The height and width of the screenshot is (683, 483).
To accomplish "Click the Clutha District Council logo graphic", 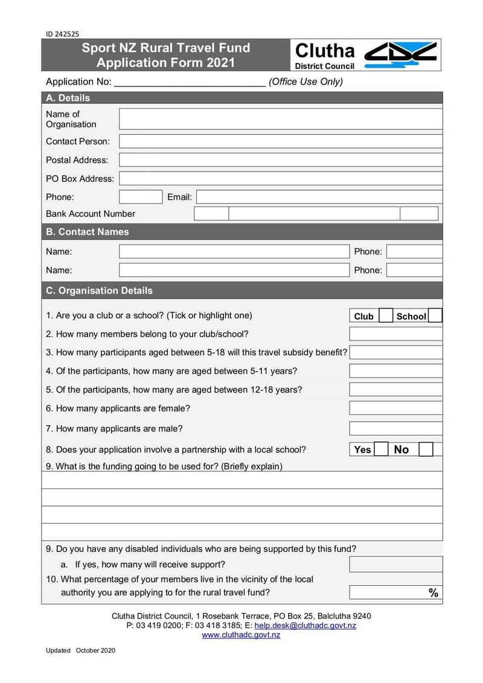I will [x=401, y=54].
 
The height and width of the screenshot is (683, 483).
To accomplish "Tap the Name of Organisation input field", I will [x=280, y=119].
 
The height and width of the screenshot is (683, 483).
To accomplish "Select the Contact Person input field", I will [x=280, y=141].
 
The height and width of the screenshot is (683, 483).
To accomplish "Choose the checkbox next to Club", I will [x=386, y=316].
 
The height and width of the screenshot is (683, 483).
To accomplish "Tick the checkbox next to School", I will [x=435, y=316].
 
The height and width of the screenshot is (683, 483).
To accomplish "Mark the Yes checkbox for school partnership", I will [x=381, y=449].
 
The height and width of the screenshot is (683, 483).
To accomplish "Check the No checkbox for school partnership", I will [x=426, y=449].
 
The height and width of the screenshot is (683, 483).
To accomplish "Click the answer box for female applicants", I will [x=395, y=408].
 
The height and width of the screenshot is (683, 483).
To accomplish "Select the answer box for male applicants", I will [x=395, y=429].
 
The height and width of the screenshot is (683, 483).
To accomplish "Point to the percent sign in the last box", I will [x=433, y=593].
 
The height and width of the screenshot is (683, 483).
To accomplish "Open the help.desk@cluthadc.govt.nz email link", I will [x=305, y=626].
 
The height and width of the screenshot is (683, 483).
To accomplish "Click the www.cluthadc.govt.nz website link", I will [x=241, y=635].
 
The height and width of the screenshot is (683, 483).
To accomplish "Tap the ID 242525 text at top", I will [x=62, y=34].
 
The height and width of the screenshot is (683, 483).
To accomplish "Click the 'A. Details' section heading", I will [x=68, y=98].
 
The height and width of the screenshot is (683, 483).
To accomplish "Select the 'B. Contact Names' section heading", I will [x=88, y=232].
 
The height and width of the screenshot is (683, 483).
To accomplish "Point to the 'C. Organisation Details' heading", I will [x=100, y=290].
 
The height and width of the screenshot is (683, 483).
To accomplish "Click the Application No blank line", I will [x=190, y=83].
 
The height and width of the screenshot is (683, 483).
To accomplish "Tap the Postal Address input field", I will [x=280, y=160].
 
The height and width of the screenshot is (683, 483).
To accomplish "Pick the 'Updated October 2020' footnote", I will [x=80, y=650].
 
